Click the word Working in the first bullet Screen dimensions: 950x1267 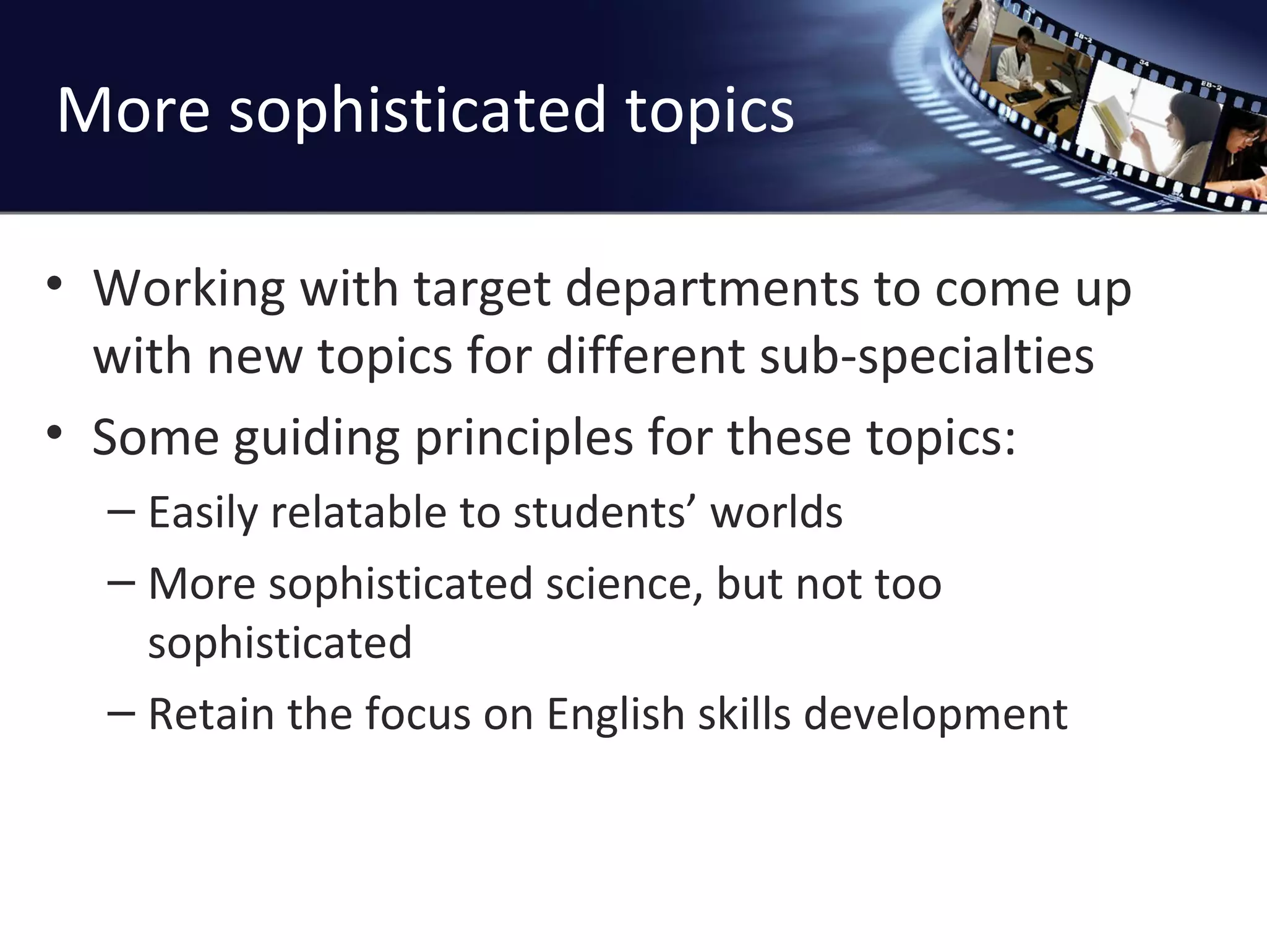coord(188,289)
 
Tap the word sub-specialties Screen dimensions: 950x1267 coord(926,357)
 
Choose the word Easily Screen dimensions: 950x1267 coord(202,513)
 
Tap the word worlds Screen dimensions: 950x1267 coord(776,513)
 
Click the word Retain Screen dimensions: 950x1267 coord(210,714)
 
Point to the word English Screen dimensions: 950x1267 coord(614,714)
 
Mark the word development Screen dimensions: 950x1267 coord(935,714)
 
